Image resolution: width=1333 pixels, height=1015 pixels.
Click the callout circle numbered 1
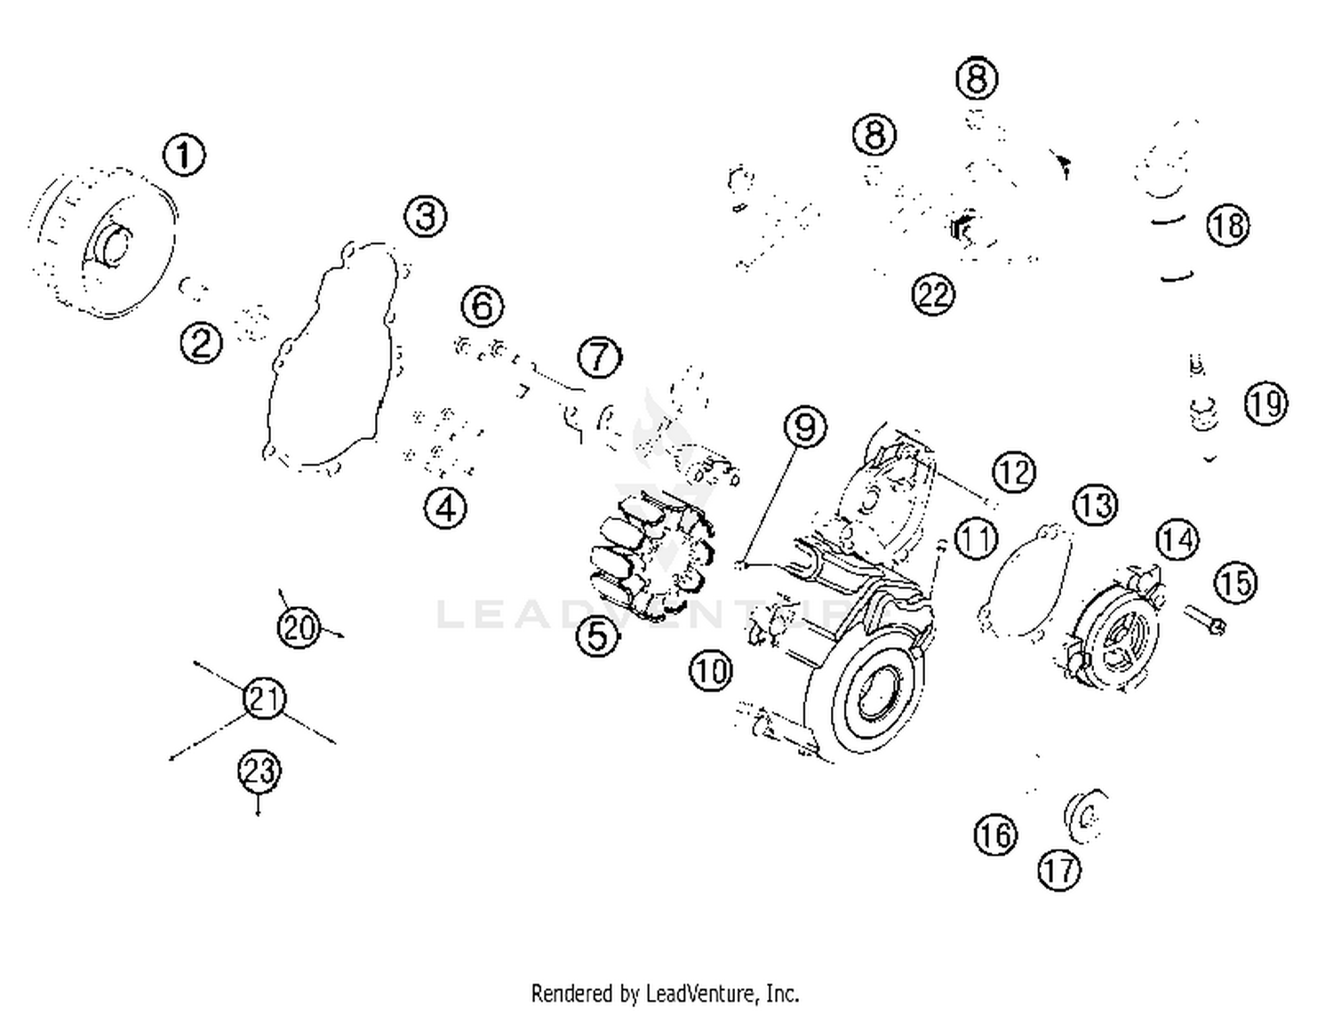184,155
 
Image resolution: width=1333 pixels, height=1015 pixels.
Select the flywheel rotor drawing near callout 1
102,240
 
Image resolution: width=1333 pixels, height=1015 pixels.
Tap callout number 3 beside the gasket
426,216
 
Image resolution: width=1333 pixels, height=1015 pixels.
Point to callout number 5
597,635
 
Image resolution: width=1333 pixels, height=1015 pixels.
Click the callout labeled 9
804,428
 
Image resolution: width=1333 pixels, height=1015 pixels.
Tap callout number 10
710,670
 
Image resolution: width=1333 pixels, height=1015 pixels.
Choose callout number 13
1094,506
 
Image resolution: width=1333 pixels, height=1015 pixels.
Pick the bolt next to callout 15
1205,619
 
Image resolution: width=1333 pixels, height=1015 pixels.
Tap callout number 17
1058,870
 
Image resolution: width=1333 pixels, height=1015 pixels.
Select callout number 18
1227,226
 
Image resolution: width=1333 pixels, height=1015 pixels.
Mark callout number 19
1265,404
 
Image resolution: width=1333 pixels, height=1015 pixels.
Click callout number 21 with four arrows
264,699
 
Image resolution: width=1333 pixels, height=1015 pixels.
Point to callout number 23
259,770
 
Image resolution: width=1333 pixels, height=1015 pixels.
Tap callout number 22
933,294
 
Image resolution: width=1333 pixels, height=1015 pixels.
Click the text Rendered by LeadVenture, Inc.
665,992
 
